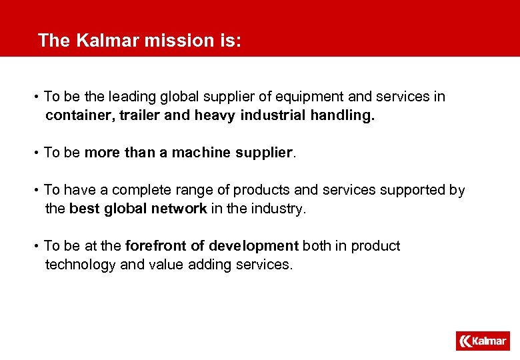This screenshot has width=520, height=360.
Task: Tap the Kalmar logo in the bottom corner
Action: (x=483, y=341)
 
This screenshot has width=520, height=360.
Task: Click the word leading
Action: (x=131, y=97)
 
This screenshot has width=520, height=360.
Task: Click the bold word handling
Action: (x=343, y=115)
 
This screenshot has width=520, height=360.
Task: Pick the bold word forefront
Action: (x=156, y=246)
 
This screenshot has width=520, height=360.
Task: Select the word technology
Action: (x=80, y=265)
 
